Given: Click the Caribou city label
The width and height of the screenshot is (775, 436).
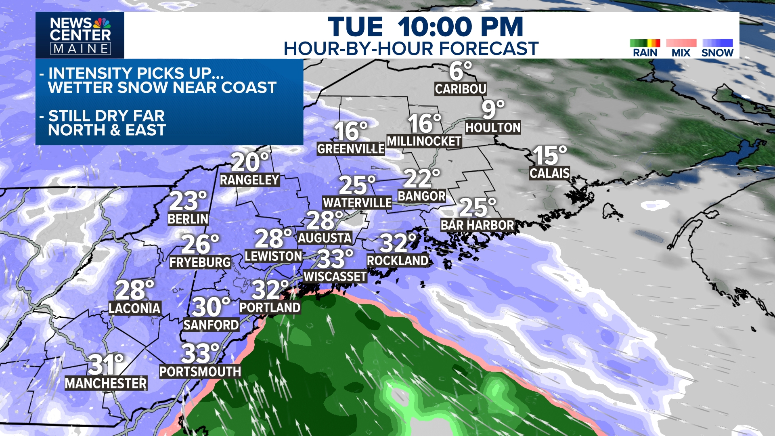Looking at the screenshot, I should pos(460,89).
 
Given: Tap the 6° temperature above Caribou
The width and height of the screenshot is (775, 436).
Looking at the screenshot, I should pos(461,71).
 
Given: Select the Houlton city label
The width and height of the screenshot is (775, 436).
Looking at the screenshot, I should pos(493,128).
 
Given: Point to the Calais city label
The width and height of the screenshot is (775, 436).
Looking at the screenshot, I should pos(549,173).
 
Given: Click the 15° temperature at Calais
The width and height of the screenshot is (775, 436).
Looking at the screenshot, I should pos(549,155).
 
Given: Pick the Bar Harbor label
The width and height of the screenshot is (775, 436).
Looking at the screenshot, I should pos(477,225).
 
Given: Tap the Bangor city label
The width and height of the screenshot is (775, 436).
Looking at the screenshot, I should pos(421,196).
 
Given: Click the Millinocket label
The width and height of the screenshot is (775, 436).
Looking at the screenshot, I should pos(424,141).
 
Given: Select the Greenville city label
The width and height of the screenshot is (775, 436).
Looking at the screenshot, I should pos(350,149).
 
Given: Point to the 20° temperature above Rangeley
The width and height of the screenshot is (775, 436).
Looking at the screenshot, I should pos(250,162).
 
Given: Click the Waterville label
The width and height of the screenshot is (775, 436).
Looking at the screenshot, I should pos(357,203).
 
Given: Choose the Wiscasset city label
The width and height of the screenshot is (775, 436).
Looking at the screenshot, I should pos(335,277).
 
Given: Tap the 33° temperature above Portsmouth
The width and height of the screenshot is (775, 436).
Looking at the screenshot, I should pos(200,354).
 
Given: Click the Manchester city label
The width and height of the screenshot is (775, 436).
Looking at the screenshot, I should pos(106,383).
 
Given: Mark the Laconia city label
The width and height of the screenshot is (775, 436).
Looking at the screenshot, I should pos(134,308).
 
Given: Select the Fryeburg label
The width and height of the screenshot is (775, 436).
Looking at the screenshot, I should pos(200,262).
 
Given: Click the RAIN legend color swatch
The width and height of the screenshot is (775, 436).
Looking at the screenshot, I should pos(645,43).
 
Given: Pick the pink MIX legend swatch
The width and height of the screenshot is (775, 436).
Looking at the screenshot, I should pos(681,43).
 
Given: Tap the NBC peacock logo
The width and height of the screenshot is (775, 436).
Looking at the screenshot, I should pos(102,23).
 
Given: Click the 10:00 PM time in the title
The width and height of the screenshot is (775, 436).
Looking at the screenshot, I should pos(460,27).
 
